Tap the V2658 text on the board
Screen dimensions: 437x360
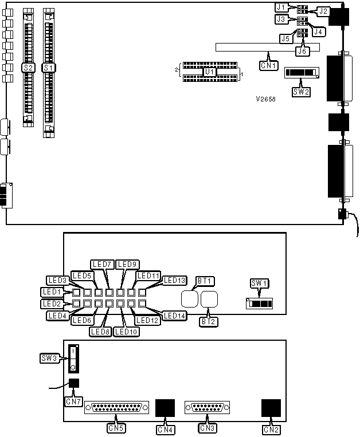point(266,99)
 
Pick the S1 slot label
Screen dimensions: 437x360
point(49,68)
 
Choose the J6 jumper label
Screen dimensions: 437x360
point(303,51)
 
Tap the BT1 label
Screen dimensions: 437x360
point(205,281)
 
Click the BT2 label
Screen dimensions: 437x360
point(207,322)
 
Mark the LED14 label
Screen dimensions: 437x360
point(174,315)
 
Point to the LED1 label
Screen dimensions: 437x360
point(56,292)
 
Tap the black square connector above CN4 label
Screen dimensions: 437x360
point(165,408)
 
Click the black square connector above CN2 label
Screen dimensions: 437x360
point(271,407)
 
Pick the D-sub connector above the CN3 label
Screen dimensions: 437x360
point(207,408)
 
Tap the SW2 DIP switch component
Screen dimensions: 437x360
point(302,73)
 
